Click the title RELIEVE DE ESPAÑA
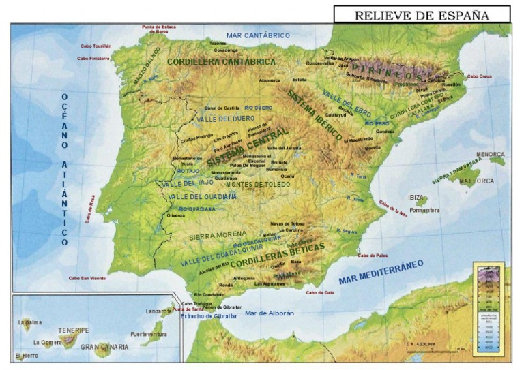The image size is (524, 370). pos(422,14)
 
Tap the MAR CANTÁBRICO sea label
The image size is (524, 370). pos(258,35)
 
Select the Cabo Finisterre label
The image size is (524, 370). pos(95,59)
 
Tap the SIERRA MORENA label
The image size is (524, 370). pos(217,235)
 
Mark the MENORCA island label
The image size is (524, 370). pos(490,155)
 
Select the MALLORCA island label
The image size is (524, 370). pos(476,181)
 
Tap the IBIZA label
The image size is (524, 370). pos(416,198)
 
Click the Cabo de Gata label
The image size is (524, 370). pos(319,293)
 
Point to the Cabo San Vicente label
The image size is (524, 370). pos(87,278)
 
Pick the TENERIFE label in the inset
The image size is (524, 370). pos(74,330)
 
